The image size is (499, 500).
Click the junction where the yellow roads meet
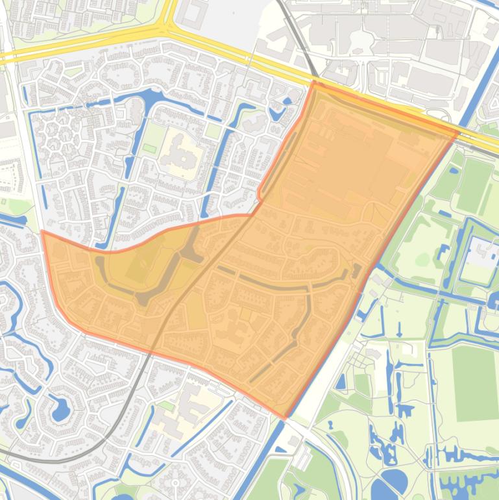point(167,31)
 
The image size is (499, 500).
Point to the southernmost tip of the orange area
point(284,417)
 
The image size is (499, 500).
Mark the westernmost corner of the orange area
point(43,231)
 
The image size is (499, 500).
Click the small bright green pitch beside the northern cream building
point(150,149)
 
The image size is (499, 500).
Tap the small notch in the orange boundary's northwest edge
point(260,194)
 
